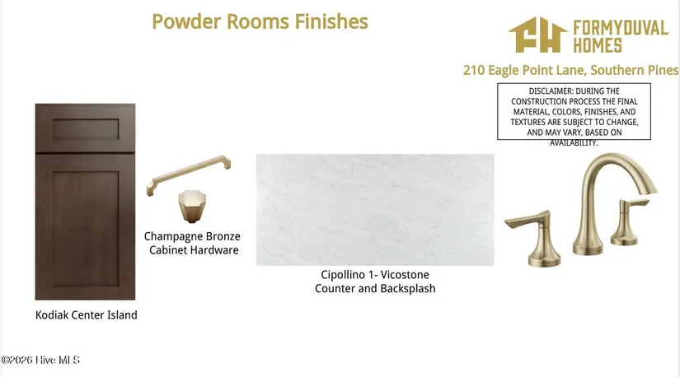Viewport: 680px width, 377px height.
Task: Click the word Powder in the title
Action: (186, 21)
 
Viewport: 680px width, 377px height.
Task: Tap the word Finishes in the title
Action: (331, 21)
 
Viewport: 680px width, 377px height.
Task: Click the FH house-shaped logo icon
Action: (537, 35)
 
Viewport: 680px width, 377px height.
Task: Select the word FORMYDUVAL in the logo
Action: (621, 28)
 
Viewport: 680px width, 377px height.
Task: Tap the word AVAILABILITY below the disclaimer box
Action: (574, 143)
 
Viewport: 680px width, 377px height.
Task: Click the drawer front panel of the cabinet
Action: (86, 129)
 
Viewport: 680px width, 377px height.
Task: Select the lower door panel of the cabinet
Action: (86, 228)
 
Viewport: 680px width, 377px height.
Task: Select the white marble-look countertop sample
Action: (375, 210)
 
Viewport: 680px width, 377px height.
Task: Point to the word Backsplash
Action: (408, 289)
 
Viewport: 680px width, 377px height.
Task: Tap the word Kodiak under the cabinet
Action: (52, 315)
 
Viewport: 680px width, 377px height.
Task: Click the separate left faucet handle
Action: (535, 239)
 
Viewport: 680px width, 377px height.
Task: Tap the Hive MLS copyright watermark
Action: (40, 360)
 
